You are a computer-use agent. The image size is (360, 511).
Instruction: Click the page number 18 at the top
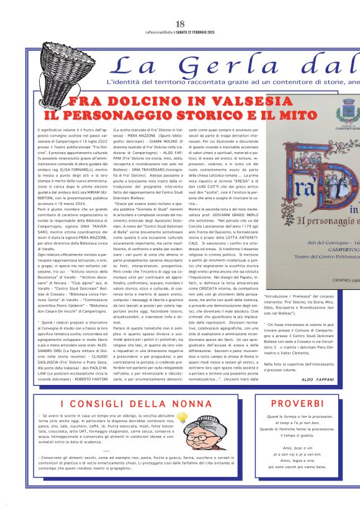pos(180,24)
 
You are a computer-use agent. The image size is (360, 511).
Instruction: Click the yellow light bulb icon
pos(182,418)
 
